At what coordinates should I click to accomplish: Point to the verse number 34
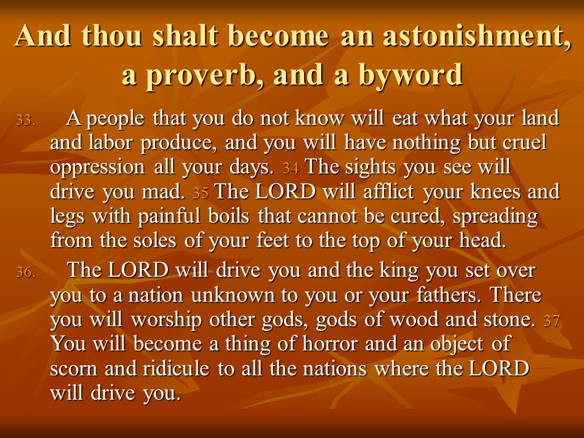click(291, 169)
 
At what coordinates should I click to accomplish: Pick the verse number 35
click(200, 193)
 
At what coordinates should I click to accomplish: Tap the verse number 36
click(26, 273)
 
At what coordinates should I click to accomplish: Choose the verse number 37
click(552, 321)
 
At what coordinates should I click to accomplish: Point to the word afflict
click(389, 191)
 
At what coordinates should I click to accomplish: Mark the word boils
click(229, 215)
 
